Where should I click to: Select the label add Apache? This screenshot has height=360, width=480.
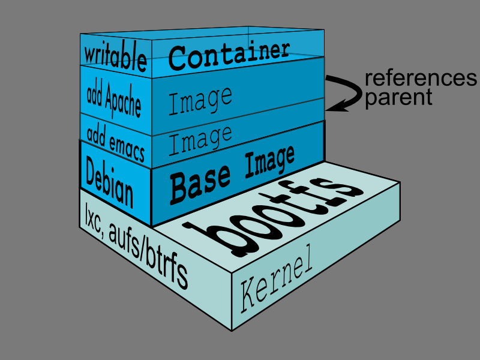(x=114, y=97)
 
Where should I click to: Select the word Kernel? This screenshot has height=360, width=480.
(x=277, y=284)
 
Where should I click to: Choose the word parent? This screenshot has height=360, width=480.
(x=398, y=97)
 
